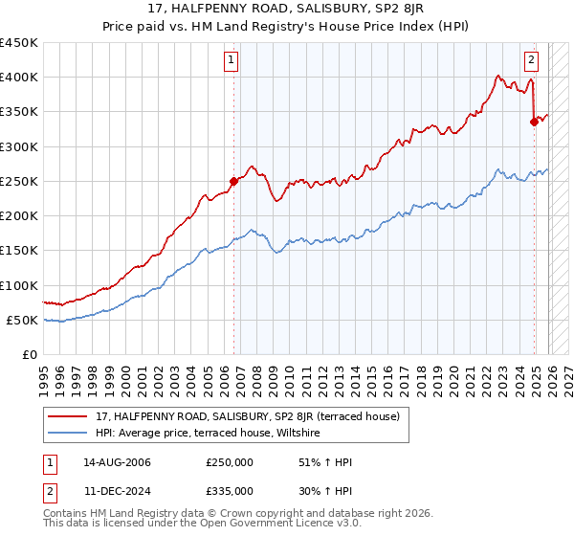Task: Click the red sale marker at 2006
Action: click(x=232, y=180)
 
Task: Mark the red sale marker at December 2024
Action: click(x=534, y=121)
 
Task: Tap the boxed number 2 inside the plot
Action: click(x=531, y=59)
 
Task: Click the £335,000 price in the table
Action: click(x=229, y=490)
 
